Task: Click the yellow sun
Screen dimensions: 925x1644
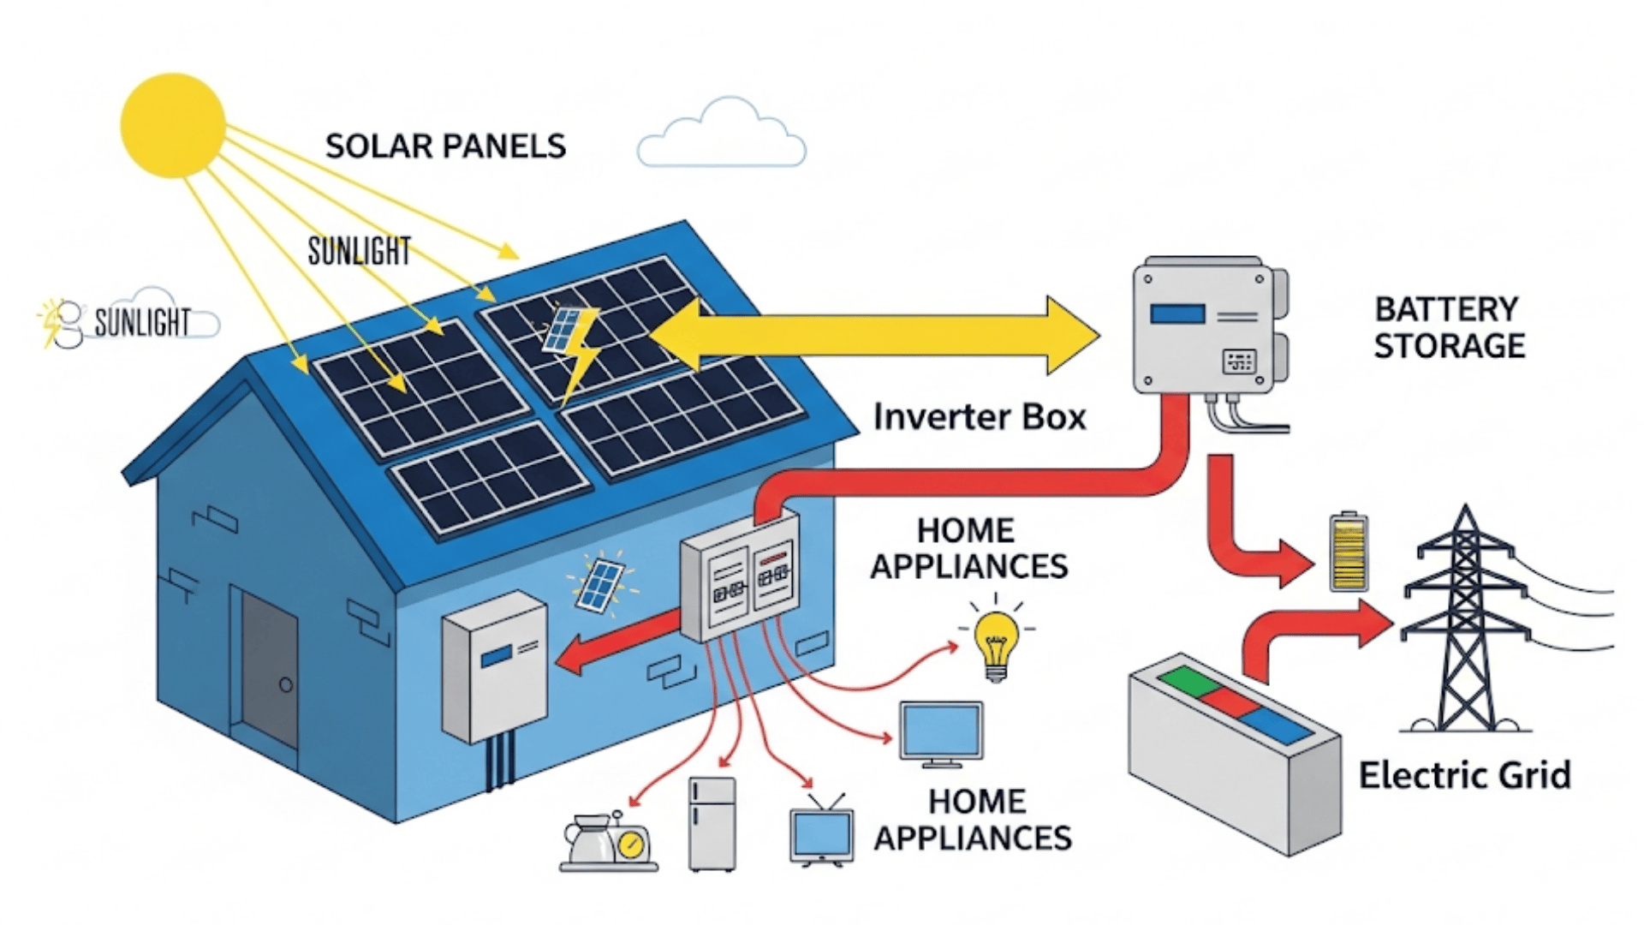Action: pos(173,126)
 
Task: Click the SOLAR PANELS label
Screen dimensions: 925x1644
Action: pos(445,146)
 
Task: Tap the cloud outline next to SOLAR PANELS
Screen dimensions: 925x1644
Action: pos(721,137)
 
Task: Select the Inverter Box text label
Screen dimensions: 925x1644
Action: pos(980,417)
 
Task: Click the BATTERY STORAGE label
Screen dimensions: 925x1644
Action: pos(1449,327)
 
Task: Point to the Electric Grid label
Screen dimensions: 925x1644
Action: pos(1464,775)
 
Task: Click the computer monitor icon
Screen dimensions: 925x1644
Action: pos(941,733)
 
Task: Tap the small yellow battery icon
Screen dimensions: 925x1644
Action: pos(1349,553)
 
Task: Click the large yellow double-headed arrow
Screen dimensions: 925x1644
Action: pos(873,335)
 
